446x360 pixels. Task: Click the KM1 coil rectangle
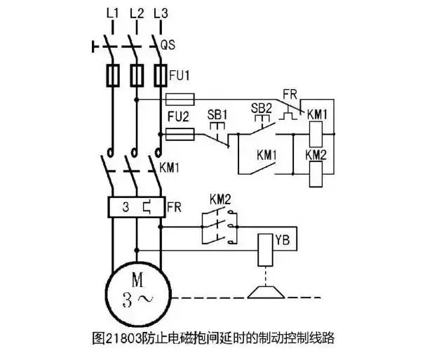[x=316, y=132]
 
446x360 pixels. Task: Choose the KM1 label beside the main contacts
[x=171, y=168]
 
